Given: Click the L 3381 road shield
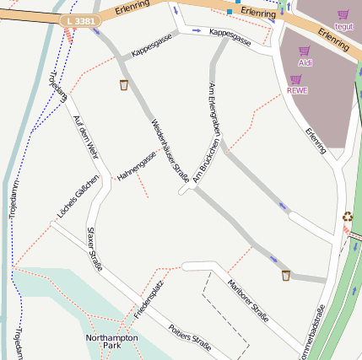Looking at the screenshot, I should tap(79, 20).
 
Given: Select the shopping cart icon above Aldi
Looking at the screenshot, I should tap(305, 51).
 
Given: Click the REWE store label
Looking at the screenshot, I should tap(297, 90).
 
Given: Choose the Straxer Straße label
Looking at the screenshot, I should tap(95, 249).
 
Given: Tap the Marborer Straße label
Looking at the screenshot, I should tap(248, 301).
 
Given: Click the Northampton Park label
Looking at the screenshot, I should tap(111, 341).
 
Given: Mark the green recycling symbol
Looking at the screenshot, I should tap(348, 217).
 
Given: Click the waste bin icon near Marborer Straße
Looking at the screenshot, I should tap(286, 275).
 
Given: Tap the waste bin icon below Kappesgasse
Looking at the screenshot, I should tap(124, 84).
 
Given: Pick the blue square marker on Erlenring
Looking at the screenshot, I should tap(229, 13).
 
